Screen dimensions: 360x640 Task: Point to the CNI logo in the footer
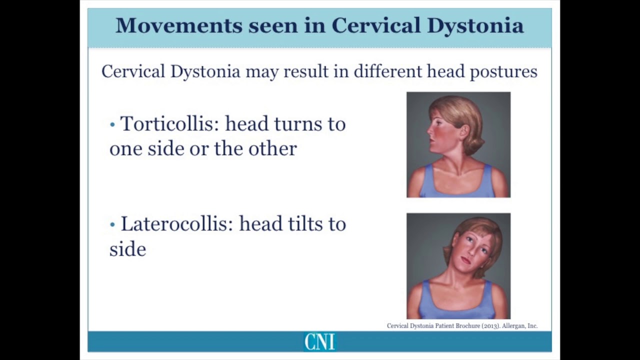tap(319, 342)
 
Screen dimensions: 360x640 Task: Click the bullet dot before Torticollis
tap(112, 124)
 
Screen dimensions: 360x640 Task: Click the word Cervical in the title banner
tap(376, 25)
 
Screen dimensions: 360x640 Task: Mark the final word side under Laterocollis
tap(127, 248)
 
